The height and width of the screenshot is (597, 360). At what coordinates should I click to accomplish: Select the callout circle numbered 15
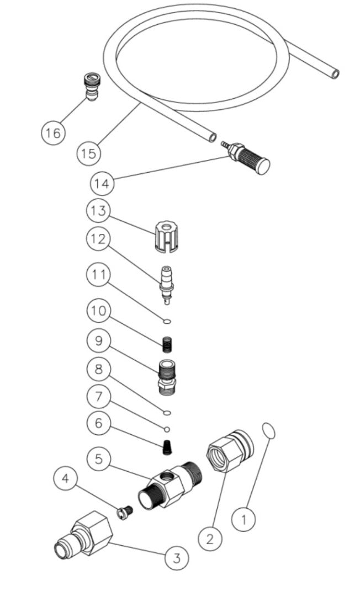click(x=88, y=152)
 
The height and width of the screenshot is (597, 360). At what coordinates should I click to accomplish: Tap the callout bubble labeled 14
click(x=102, y=182)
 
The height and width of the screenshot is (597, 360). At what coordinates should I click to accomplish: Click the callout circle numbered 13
click(x=98, y=211)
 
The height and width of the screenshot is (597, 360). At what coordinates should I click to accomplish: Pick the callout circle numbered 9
click(x=98, y=341)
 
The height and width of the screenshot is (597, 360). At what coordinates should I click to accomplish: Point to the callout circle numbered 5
click(x=98, y=459)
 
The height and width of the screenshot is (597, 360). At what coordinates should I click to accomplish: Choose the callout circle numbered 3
click(x=177, y=558)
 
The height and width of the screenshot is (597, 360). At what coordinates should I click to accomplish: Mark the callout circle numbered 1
click(x=243, y=519)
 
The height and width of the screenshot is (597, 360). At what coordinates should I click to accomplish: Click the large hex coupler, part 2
click(x=229, y=451)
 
